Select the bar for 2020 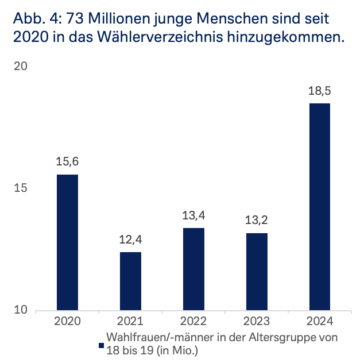coord(67,242)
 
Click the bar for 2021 coord(130,281)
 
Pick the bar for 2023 coord(257,272)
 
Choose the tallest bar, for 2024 coord(320,207)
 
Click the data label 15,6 coord(67,162)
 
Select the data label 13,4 coord(193,216)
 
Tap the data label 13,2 coord(257,221)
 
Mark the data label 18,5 coord(320,91)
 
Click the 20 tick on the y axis coord(21,67)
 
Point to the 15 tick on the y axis coord(21,189)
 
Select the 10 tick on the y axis coord(21,311)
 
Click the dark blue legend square coord(100,345)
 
